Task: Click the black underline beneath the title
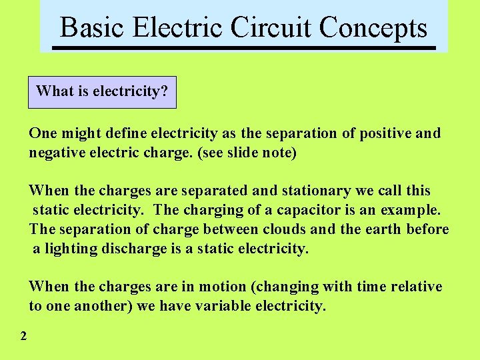coord(243,49)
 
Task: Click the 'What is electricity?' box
coord(102,91)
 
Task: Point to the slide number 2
coord(23,336)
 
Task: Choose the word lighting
coord(71,249)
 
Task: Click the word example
coord(410,211)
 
